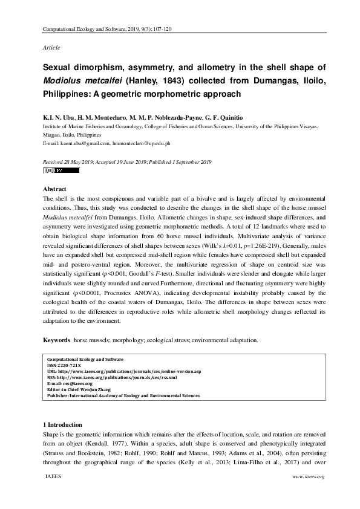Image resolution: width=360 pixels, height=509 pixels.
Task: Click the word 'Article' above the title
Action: click(x=51, y=47)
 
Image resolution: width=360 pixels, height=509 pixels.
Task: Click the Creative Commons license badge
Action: click(x=61, y=170)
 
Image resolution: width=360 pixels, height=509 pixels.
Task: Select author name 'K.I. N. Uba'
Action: click(x=57, y=118)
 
